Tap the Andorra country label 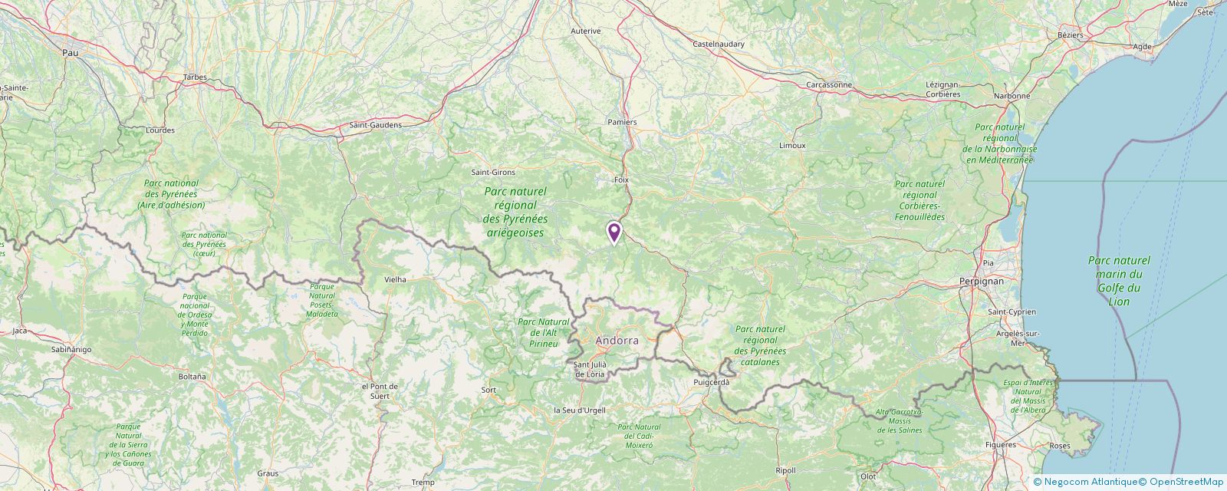coord(617,340)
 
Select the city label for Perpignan coord(981,282)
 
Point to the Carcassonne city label coord(829,84)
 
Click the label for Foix coord(621,180)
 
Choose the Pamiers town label coord(622,122)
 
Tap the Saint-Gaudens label coord(375,125)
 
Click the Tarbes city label coord(196,77)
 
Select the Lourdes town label coord(160,130)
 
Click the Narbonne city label coord(1012,96)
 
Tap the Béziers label coord(1070,35)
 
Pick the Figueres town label coord(999,445)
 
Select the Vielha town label coord(395,280)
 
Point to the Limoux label coord(792,145)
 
